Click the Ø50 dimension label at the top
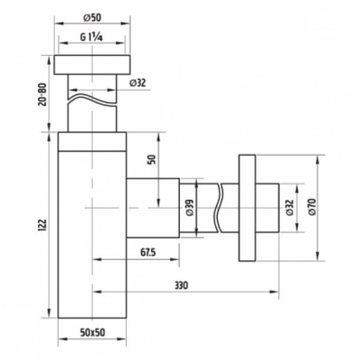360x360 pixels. [x=92, y=18]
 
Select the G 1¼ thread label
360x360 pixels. [x=92, y=38]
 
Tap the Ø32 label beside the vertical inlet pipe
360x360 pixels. [x=138, y=83]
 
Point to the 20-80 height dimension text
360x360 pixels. [x=43, y=94]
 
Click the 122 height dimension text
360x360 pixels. [x=43, y=227]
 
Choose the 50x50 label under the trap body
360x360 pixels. [x=93, y=332]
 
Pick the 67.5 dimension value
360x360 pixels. [x=148, y=253]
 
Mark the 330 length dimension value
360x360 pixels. [x=181, y=285]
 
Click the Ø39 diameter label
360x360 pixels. [x=190, y=208]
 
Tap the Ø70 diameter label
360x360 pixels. [x=312, y=207]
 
